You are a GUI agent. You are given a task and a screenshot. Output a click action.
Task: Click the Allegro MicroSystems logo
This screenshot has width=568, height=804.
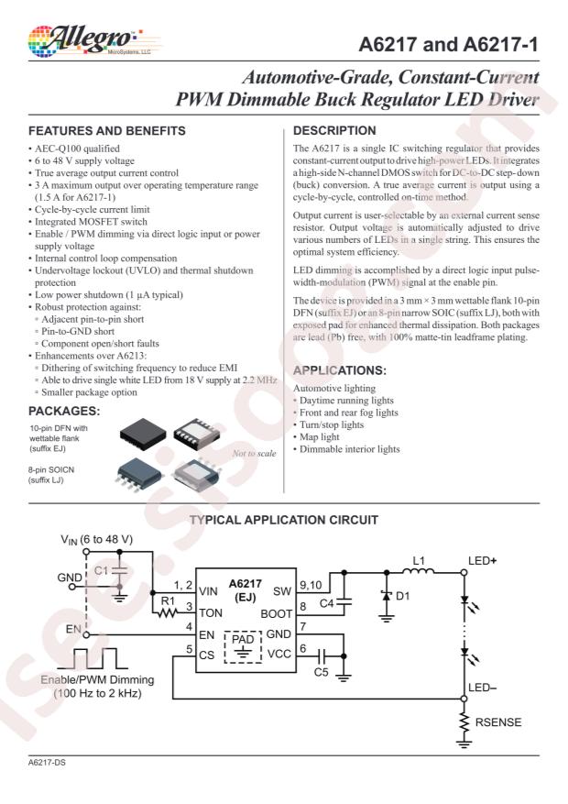coord(90,41)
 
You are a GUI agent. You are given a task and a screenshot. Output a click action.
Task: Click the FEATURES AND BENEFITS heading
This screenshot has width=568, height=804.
coord(107,131)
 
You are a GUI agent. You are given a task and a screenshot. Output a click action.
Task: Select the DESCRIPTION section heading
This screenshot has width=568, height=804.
coord(334,131)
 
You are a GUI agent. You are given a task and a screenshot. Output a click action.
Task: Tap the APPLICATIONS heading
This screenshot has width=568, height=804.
coord(340,370)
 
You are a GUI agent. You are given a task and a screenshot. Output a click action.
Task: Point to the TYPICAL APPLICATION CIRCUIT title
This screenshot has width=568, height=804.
coord(284,520)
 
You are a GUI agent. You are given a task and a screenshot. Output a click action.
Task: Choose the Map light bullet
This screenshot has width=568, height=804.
coord(316,437)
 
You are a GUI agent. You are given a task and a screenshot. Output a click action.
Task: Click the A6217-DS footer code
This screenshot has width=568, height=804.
coord(47,763)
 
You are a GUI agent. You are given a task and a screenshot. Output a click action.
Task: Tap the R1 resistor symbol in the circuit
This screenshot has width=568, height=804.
coord(168,612)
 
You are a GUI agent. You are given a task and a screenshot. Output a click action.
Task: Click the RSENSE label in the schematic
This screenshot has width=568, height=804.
coord(498,722)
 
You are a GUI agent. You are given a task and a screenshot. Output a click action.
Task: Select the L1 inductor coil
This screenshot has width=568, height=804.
coord(418,571)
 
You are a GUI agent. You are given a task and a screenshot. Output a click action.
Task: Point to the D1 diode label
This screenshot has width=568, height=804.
coord(402,596)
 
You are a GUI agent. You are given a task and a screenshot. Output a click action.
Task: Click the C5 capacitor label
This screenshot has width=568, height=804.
coord(321,672)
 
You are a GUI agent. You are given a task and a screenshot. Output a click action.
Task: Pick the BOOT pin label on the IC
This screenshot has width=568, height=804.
coord(276,613)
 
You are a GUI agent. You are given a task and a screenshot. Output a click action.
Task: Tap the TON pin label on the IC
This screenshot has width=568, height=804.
coord(211,613)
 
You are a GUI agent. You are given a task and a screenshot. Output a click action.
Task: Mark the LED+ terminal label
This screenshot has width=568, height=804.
coord(482,560)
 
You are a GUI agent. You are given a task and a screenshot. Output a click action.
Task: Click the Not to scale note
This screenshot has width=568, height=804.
coord(254,453)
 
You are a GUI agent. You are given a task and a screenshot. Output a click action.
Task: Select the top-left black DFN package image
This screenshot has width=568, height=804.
coord(143,434)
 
